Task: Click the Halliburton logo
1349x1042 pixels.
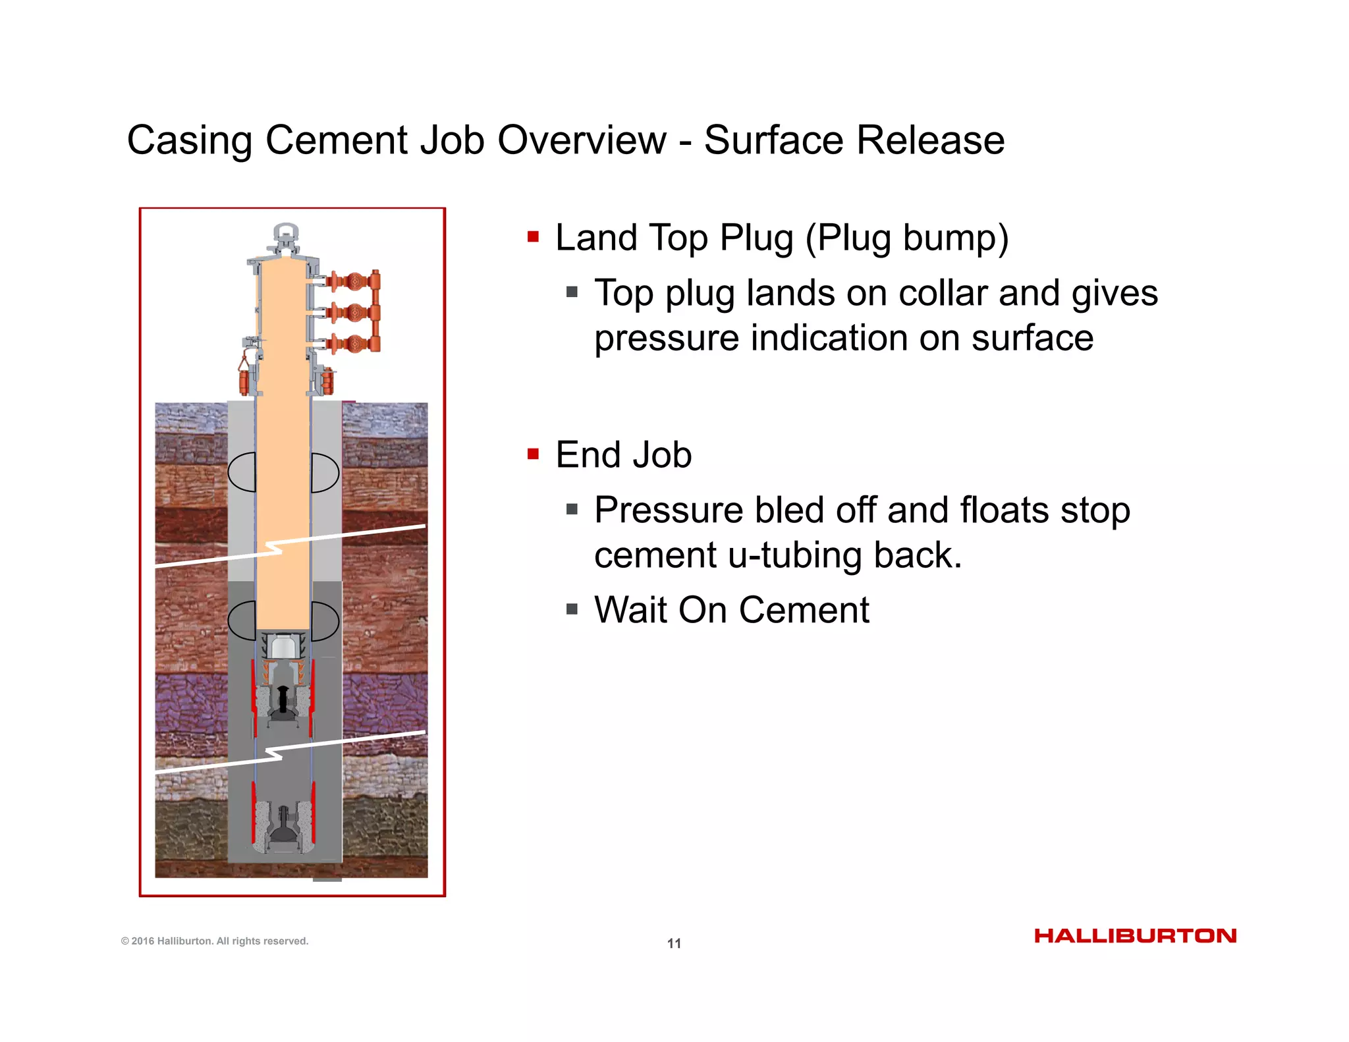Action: tap(1135, 936)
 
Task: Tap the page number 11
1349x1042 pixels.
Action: tap(674, 943)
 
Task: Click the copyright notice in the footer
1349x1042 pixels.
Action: tap(215, 941)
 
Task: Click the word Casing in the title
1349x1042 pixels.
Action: tap(190, 141)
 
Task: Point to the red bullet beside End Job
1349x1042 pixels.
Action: tap(534, 454)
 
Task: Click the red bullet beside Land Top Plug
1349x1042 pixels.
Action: tap(534, 236)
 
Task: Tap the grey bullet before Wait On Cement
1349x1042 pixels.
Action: tap(572, 609)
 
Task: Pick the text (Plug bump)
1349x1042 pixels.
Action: tap(907, 238)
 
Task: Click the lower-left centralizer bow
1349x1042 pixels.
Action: tap(242, 620)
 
